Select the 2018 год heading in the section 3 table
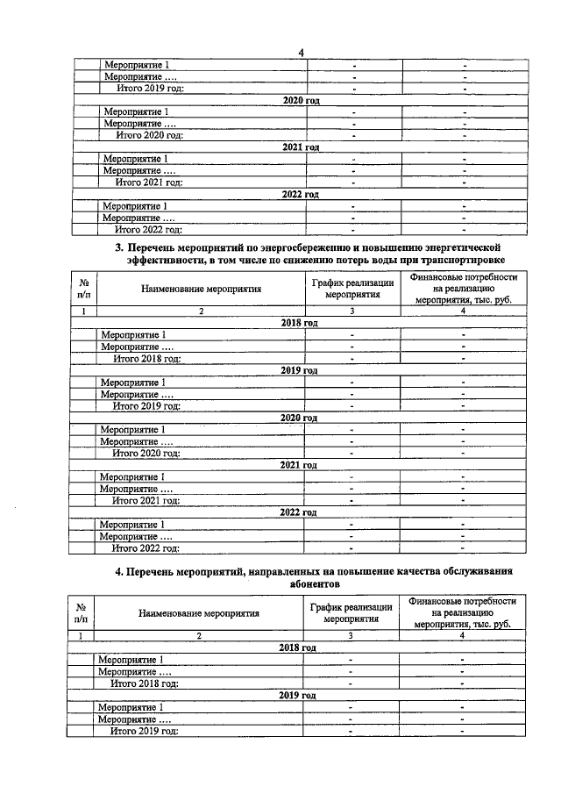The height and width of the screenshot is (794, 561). click(x=299, y=323)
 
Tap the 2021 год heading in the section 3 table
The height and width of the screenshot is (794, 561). click(x=298, y=464)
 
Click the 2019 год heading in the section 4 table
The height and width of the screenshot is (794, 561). click(x=297, y=695)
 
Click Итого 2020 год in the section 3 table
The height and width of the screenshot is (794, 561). click(x=146, y=453)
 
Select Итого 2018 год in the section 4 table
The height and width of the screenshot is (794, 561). click(x=145, y=683)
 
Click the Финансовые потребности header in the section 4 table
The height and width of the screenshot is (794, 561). click(x=462, y=612)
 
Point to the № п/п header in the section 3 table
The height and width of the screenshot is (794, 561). click(x=84, y=288)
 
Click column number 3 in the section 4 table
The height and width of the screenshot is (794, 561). click(x=350, y=635)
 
